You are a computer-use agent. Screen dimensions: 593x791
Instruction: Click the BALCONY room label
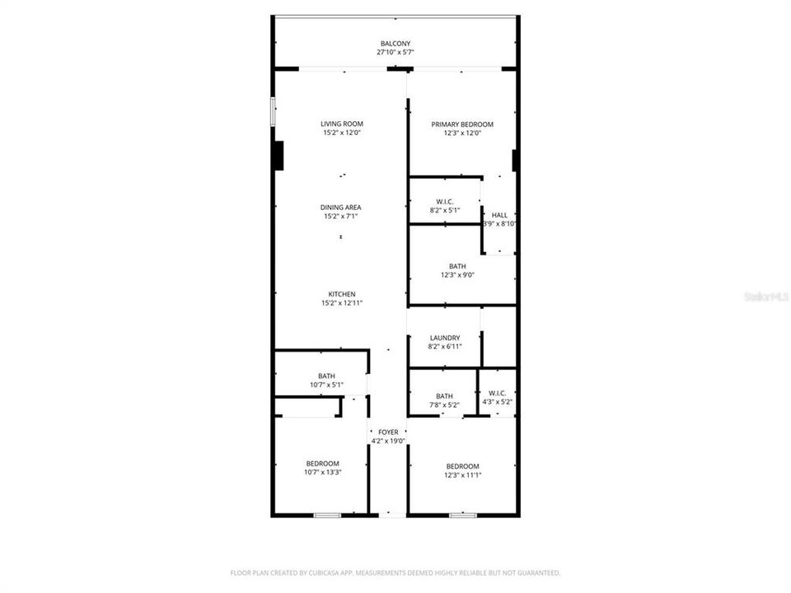click(395, 44)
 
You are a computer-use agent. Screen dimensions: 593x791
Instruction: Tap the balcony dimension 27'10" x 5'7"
click(395, 53)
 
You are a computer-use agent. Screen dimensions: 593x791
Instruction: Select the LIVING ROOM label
click(342, 124)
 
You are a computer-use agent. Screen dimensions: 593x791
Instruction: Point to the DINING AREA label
click(341, 208)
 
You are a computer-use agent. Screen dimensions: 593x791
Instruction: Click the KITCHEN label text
click(342, 294)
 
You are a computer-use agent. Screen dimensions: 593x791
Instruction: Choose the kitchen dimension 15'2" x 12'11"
click(342, 303)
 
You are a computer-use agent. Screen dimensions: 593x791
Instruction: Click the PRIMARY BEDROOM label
click(461, 124)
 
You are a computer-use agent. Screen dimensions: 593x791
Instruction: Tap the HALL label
click(499, 215)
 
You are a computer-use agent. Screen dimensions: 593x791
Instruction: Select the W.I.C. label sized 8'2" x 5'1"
click(445, 202)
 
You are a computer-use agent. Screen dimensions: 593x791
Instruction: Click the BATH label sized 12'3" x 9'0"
click(457, 266)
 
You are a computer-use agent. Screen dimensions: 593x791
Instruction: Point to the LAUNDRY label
click(445, 338)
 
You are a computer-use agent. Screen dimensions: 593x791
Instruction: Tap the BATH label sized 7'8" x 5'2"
click(444, 396)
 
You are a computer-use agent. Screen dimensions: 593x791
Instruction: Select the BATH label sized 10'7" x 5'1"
click(326, 376)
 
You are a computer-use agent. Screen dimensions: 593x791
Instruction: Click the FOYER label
click(388, 432)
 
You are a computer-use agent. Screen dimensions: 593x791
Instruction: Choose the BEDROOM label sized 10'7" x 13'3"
click(322, 464)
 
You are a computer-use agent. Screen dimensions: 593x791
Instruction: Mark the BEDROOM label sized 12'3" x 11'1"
click(462, 466)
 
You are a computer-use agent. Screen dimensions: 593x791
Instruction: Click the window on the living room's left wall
click(274, 112)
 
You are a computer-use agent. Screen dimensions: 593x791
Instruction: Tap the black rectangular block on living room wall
click(278, 156)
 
